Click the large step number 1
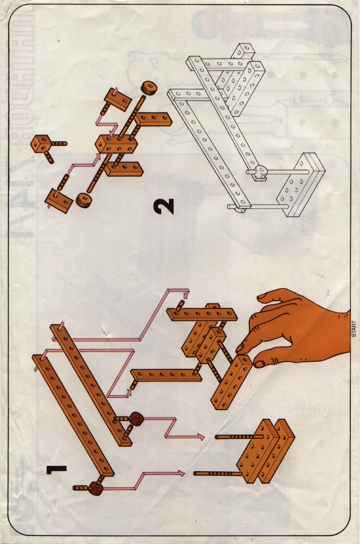tap(56, 470)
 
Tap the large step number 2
tap(164, 206)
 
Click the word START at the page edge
tap(354, 329)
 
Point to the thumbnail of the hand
tap(260, 363)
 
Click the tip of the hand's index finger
tap(239, 348)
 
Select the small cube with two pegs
tap(40, 143)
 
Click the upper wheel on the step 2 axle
tap(149, 88)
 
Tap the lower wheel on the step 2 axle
tap(83, 200)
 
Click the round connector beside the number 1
tap(96, 488)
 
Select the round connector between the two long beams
tap(136, 419)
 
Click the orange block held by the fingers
tap(231, 382)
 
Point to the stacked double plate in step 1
tap(265, 450)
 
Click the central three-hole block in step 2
tap(116, 143)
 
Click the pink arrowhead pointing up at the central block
tap(98, 157)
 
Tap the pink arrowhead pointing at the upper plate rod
tap(201, 437)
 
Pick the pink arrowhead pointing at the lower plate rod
tap(181, 472)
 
